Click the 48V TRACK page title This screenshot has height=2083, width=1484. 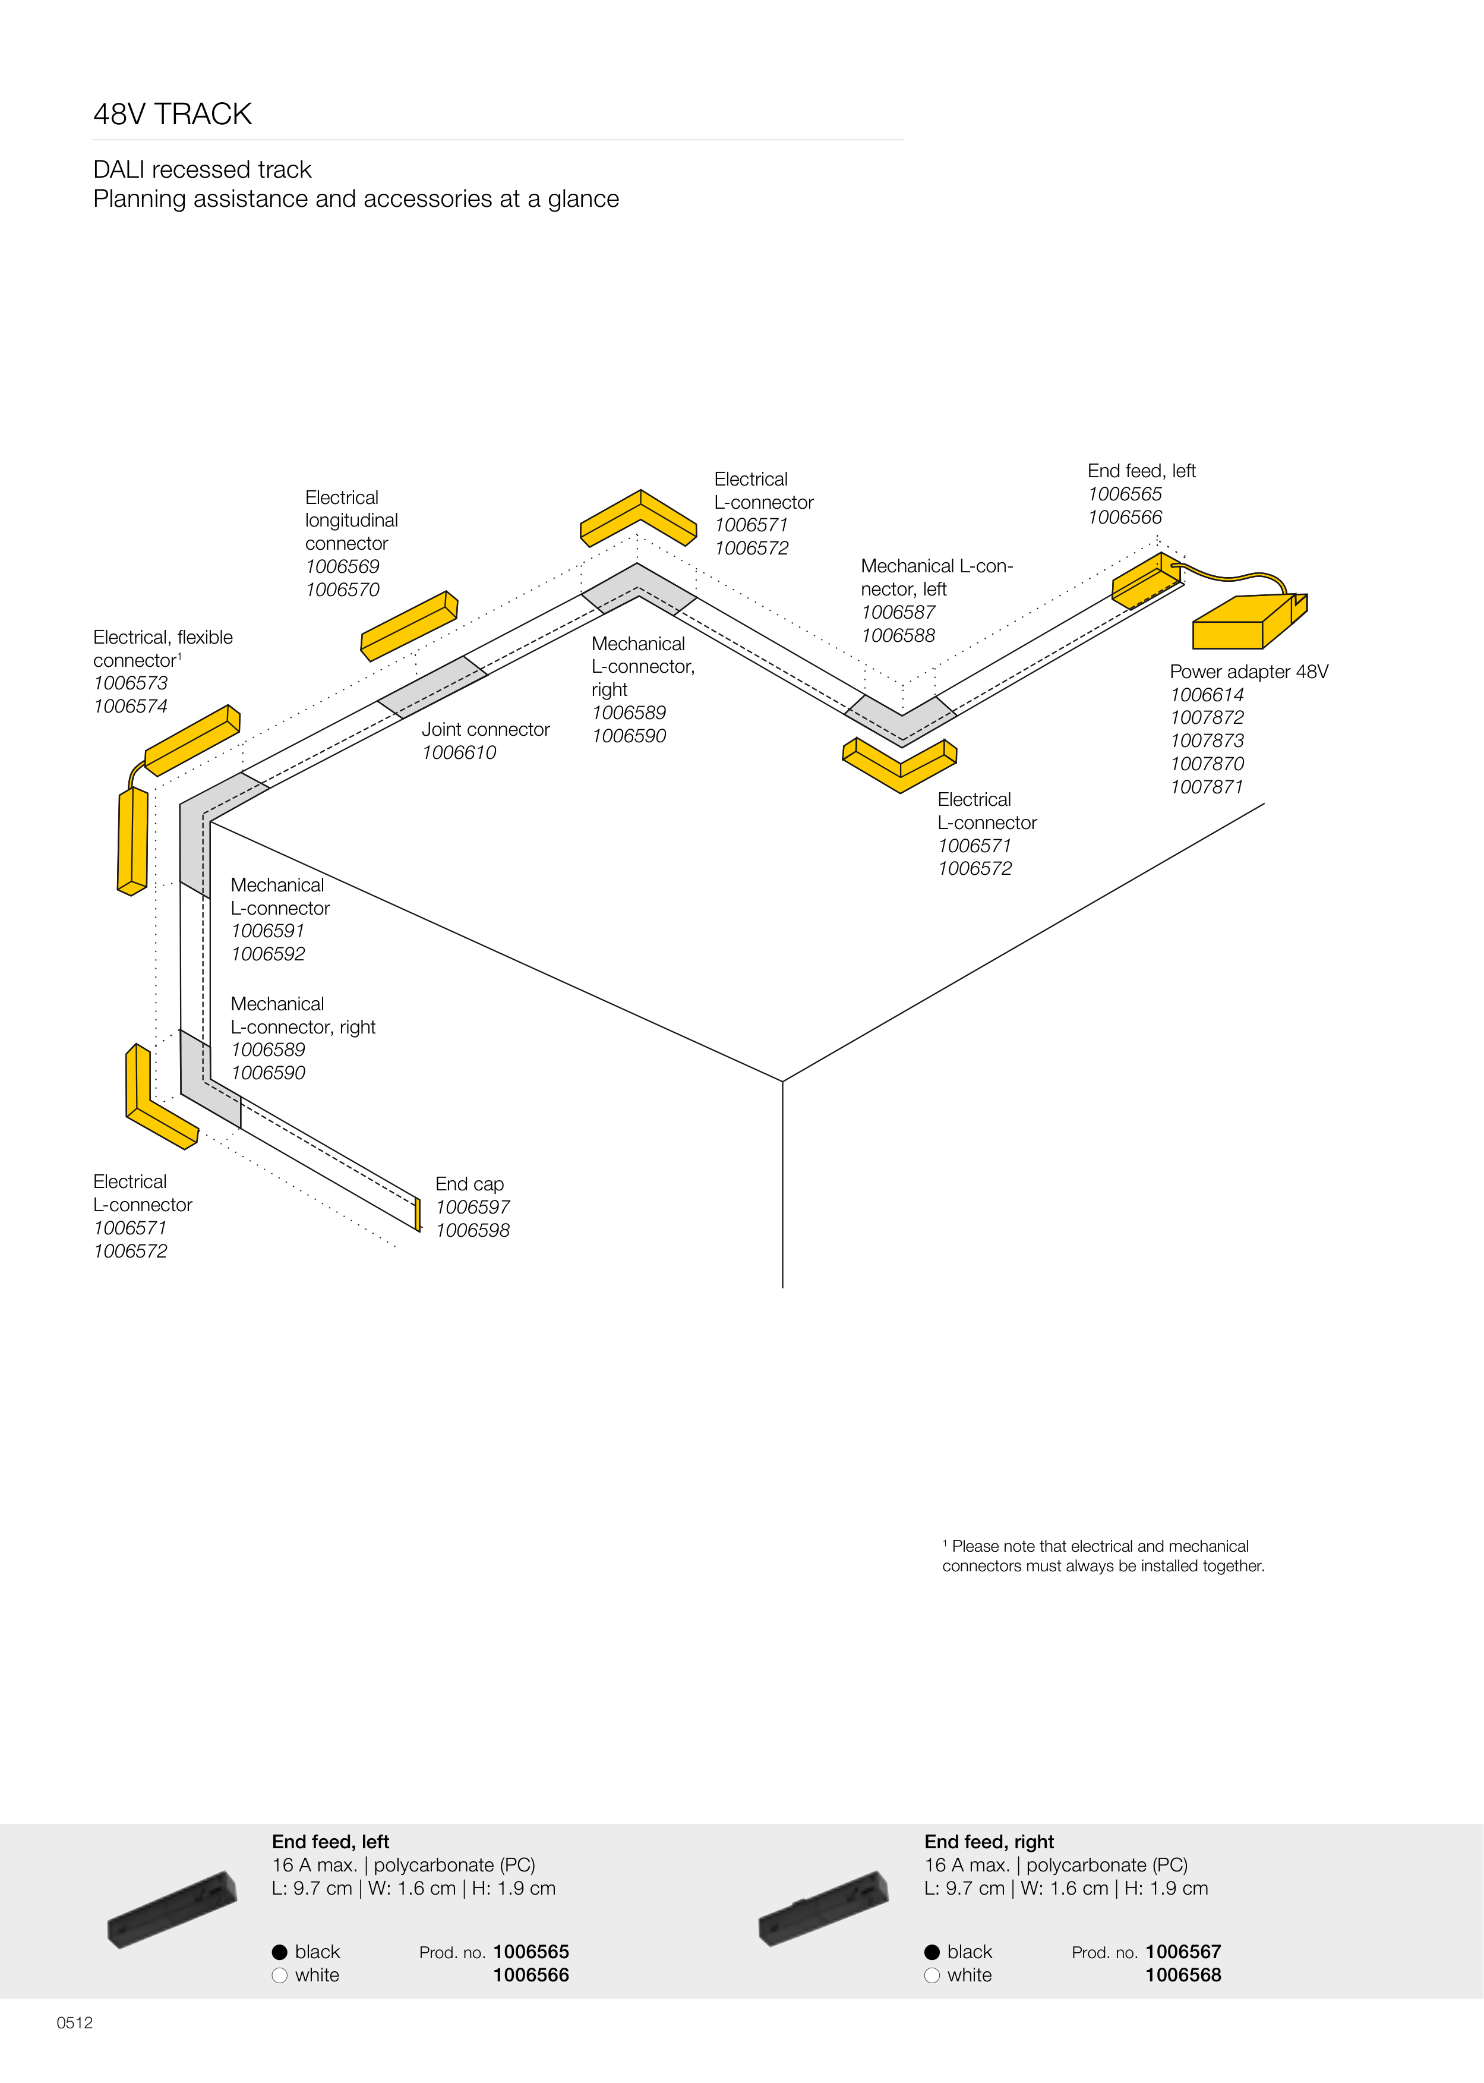pos(173,114)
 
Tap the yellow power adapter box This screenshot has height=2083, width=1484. pos(1250,622)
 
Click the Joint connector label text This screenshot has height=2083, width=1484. pos(485,729)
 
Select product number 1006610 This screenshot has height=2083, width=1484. pos(459,752)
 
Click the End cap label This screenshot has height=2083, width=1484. pos(470,1184)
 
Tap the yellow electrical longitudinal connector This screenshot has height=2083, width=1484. pos(409,626)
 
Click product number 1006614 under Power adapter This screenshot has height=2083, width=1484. pos(1206,695)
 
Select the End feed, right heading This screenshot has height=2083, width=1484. pos(989,1842)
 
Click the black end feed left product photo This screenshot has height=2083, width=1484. pos(172,1909)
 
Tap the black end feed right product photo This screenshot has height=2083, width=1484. pos(823,1908)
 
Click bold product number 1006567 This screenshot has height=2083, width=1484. pos(1183,1952)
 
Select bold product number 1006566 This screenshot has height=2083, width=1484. pos(531,1975)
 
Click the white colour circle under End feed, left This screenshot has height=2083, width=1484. pos(280,1975)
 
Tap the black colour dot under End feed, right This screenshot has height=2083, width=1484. pos(932,1952)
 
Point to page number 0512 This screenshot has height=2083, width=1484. pos(75,2022)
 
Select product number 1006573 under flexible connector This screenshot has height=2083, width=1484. pos(131,683)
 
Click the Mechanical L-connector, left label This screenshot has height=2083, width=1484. pos(937,578)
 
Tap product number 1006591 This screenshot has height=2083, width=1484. pos(268,931)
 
